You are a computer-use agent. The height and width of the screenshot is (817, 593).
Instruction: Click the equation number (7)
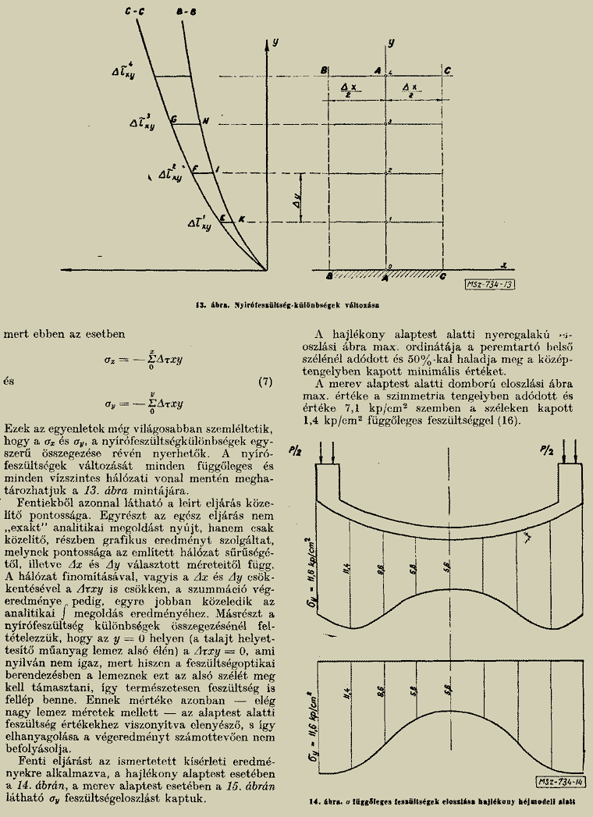(x=265, y=382)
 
